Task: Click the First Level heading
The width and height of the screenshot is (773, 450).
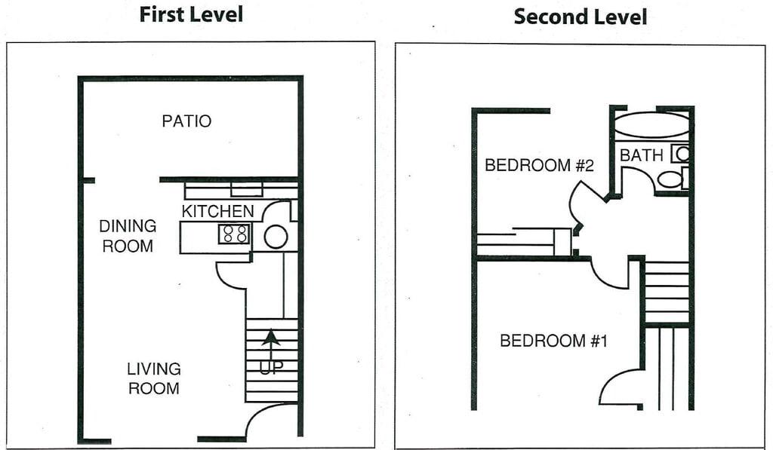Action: tap(191, 14)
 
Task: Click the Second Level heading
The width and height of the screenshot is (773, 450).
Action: tap(580, 17)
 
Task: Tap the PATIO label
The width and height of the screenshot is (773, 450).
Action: tap(186, 121)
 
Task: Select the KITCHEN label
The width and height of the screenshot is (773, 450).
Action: tap(217, 211)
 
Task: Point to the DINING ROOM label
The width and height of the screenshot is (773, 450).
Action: tap(128, 236)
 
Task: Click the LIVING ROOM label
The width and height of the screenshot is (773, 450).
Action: tap(153, 378)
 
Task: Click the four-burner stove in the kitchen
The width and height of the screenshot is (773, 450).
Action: tap(234, 234)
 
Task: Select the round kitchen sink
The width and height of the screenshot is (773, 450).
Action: tap(276, 237)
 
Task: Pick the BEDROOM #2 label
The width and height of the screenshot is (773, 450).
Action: tap(539, 165)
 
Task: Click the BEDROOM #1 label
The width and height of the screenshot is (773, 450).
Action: tap(553, 341)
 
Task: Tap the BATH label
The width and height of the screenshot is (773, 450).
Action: tap(642, 155)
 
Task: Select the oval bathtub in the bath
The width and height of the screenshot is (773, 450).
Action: tap(651, 126)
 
